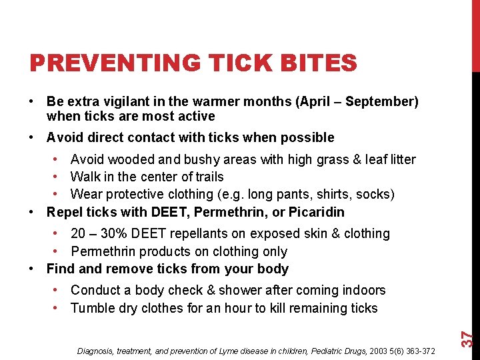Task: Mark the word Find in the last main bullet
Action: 59,269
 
